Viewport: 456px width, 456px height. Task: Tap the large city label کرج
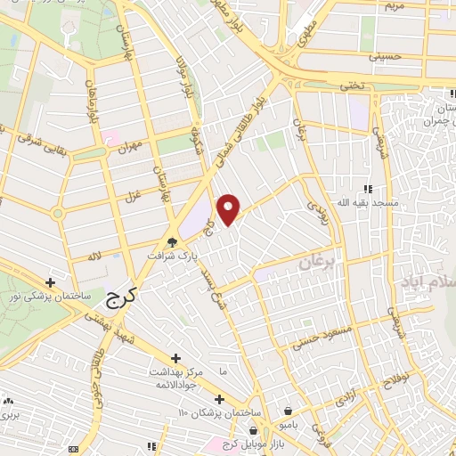coord(116,299)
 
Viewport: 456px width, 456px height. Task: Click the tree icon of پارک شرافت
coord(173,241)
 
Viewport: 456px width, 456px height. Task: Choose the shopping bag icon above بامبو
coord(289,411)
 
